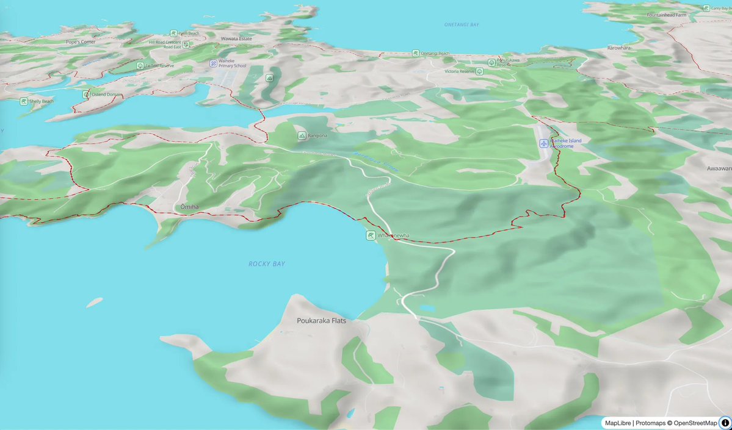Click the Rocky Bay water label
tap(267, 264)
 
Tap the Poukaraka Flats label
tap(321, 320)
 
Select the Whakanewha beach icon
tap(371, 235)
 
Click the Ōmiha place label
tap(189, 207)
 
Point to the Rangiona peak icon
tap(302, 135)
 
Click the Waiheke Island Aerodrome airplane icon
tap(544, 143)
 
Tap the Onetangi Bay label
tap(462, 24)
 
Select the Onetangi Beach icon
tap(416, 54)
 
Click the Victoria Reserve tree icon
tap(479, 71)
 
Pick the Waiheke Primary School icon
tap(213, 63)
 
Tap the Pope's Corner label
tap(81, 42)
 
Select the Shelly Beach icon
tap(23, 101)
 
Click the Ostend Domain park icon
tap(86, 95)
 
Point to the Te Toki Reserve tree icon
tap(140, 65)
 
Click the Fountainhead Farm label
tap(666, 15)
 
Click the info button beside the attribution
tap(725, 423)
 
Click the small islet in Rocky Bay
tap(94, 302)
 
